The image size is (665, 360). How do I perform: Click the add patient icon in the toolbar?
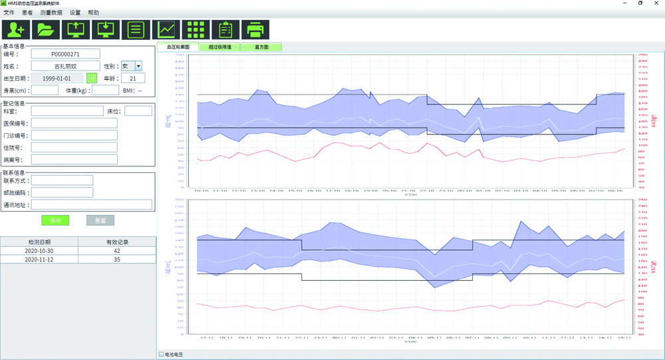[16, 29]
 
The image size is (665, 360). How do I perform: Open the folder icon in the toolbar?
[46, 29]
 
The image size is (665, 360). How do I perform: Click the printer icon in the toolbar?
[255, 29]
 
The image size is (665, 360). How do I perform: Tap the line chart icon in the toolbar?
[166, 29]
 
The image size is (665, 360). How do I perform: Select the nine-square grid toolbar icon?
[196, 29]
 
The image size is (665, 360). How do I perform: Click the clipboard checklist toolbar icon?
[225, 29]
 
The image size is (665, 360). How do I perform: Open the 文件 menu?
[9, 13]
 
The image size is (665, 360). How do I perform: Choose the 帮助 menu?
[93, 13]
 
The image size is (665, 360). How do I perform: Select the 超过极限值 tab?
[219, 47]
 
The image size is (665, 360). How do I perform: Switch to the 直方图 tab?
[261, 47]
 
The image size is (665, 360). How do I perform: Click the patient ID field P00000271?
[65, 54]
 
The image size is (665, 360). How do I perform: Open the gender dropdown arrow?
[138, 66]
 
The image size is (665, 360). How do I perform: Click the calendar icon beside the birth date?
[92, 79]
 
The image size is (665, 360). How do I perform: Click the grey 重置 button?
[100, 220]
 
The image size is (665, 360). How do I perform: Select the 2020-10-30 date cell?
[39, 251]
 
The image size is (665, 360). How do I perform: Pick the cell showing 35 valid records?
[116, 260]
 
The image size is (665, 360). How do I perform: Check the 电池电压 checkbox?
[162, 354]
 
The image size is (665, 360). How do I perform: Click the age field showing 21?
[133, 79]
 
